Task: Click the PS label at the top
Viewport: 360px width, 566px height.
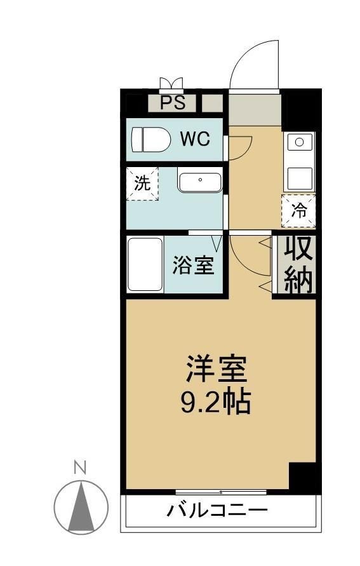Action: coord(173,103)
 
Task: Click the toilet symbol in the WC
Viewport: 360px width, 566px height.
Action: coord(150,139)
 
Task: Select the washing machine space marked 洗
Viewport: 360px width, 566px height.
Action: coord(142,184)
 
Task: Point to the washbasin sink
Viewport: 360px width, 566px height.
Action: coord(199,181)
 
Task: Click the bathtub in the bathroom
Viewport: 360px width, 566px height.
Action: coord(145,264)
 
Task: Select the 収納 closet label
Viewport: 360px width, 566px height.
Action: coord(298,264)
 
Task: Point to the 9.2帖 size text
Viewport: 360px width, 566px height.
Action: coord(216,401)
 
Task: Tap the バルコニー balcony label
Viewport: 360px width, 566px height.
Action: coord(217,509)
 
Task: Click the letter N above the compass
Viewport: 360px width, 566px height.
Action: coord(79,468)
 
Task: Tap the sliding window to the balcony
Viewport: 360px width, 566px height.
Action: coord(222,492)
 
